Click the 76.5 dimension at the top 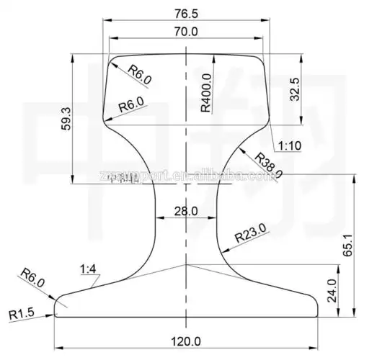click(x=187, y=13)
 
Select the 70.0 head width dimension click(x=187, y=31)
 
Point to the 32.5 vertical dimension click(x=294, y=88)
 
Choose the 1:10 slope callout click(x=290, y=146)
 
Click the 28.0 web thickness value click(x=186, y=211)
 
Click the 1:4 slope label click(x=89, y=269)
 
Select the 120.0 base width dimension click(x=187, y=341)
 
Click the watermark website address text click(x=187, y=175)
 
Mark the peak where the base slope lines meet click(x=187, y=265)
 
